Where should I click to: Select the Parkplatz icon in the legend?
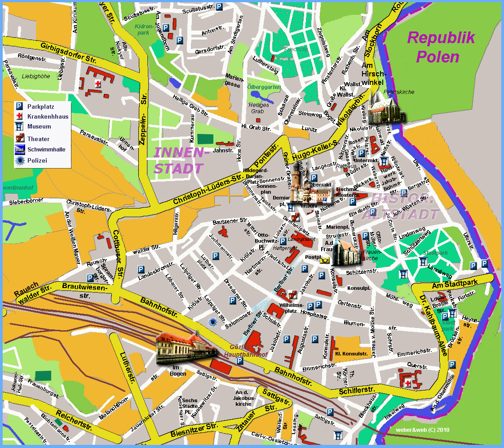pos(20,106)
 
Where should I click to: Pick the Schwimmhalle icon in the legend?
pos(20,150)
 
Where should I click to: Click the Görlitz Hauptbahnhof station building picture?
pos(184,349)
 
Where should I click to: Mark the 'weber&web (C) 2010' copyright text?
pos(422,429)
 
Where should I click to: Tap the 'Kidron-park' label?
pos(143,30)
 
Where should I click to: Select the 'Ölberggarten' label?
pos(264,87)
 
